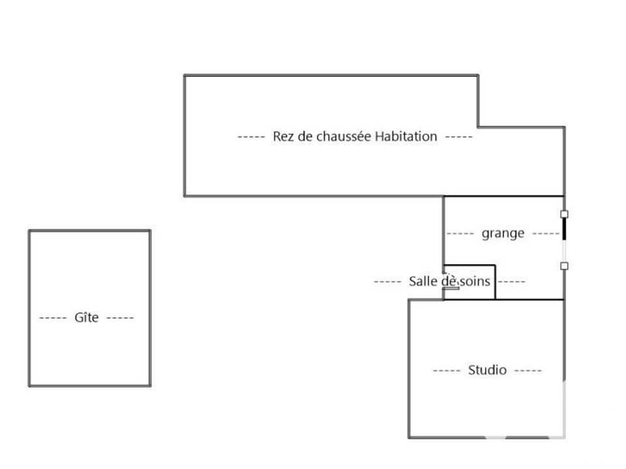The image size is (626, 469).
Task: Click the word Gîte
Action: (x=86, y=317)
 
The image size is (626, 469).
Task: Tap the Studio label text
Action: (x=487, y=370)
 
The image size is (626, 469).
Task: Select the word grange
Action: (x=503, y=234)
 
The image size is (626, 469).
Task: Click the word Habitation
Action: (x=406, y=136)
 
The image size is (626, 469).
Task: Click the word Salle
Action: (x=423, y=281)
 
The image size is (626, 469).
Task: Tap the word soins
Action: (x=475, y=281)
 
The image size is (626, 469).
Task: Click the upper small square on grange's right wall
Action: (x=564, y=214)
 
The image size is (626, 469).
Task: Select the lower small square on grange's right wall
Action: (x=564, y=266)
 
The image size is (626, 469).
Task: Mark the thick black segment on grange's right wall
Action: (x=564, y=229)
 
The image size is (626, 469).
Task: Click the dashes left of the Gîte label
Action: (x=53, y=318)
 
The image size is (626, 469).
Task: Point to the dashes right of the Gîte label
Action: (x=120, y=318)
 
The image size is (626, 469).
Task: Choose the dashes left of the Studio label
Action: (x=447, y=371)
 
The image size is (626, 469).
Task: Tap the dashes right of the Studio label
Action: (x=528, y=371)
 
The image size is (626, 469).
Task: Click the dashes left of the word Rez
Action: (x=251, y=137)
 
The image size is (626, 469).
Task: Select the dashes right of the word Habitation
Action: (x=458, y=137)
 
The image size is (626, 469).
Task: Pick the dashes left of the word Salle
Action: (x=387, y=281)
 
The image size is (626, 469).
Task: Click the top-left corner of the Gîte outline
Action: (x=29, y=231)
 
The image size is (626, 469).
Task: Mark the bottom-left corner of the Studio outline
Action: (x=410, y=438)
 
